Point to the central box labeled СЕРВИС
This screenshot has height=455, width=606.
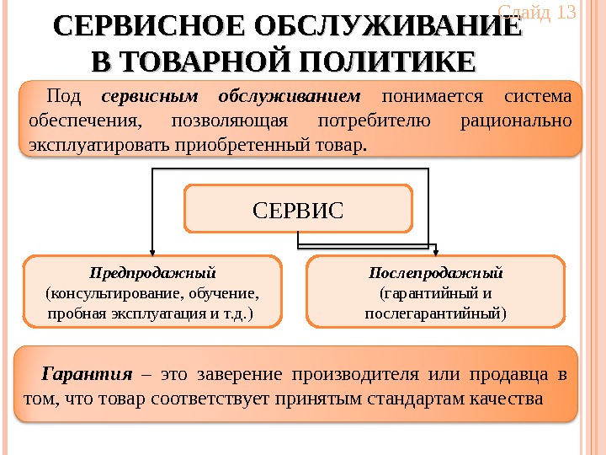point(298,209)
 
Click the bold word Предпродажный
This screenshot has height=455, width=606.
point(152,273)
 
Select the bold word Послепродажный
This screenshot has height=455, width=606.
point(435,273)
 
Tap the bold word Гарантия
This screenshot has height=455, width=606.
point(88,373)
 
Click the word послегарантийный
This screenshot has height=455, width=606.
point(435,313)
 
